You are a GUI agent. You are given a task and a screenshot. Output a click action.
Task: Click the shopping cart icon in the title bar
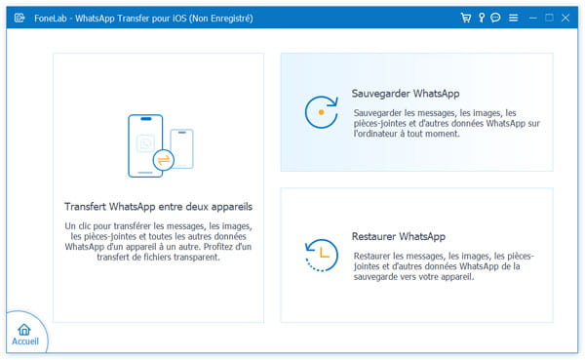pyautogui.click(x=466, y=18)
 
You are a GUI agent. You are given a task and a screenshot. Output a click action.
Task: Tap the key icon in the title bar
pyautogui.click(x=482, y=18)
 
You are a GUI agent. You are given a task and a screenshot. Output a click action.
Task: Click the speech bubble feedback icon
pyautogui.click(x=495, y=18)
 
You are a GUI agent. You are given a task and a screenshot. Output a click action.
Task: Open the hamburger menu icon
pyautogui.click(x=514, y=18)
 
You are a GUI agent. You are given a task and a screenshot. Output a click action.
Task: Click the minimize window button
pyautogui.click(x=533, y=18)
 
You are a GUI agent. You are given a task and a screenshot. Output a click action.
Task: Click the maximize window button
pyautogui.click(x=549, y=18)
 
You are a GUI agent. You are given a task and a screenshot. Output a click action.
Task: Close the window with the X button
pyautogui.click(x=565, y=18)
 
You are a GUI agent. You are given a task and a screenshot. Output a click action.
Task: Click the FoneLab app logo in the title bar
pyautogui.click(x=19, y=18)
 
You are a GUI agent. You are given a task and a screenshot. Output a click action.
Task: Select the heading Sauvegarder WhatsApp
pyautogui.click(x=406, y=94)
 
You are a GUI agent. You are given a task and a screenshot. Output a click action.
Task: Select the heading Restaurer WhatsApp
pyautogui.click(x=399, y=236)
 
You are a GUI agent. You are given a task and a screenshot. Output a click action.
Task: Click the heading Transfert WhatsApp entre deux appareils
pyautogui.click(x=158, y=207)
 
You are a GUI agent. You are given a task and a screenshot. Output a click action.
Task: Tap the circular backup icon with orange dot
pyautogui.click(x=321, y=112)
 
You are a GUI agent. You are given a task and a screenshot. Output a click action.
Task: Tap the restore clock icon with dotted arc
pyautogui.click(x=322, y=255)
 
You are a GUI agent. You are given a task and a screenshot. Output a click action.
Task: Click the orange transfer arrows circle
pyautogui.click(x=164, y=160)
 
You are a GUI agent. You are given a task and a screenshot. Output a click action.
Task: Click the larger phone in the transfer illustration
pyautogui.click(x=145, y=145)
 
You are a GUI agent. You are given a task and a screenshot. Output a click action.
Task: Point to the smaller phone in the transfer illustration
pyautogui.click(x=182, y=148)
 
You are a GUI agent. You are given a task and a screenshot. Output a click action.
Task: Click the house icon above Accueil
pyautogui.click(x=24, y=330)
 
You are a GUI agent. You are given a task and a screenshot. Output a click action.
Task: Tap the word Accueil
pyautogui.click(x=25, y=341)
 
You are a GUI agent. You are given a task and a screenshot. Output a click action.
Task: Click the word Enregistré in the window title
pyautogui.click(x=231, y=19)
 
